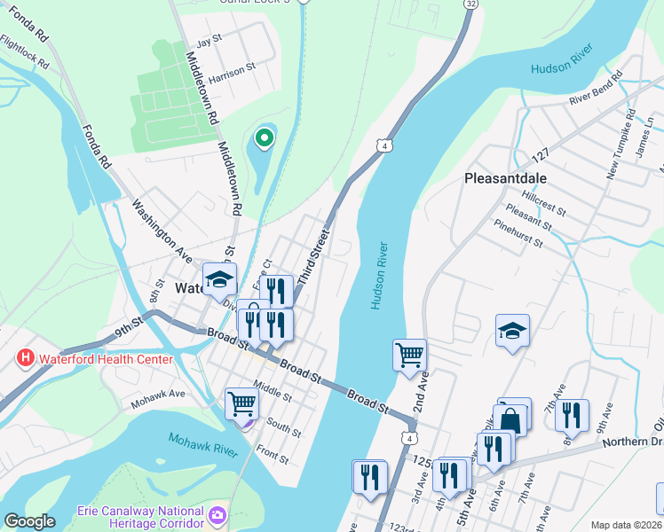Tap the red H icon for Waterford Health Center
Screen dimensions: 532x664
coord(26,358)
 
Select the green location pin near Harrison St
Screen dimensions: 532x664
coord(264,138)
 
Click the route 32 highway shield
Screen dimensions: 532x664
coord(469,4)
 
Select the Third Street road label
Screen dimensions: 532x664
coord(312,258)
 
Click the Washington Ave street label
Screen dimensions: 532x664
coord(162,231)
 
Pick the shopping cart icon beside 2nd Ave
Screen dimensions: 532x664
coord(409,355)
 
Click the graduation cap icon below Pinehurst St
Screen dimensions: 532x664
coord(512,331)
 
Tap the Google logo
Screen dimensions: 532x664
coord(29,521)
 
